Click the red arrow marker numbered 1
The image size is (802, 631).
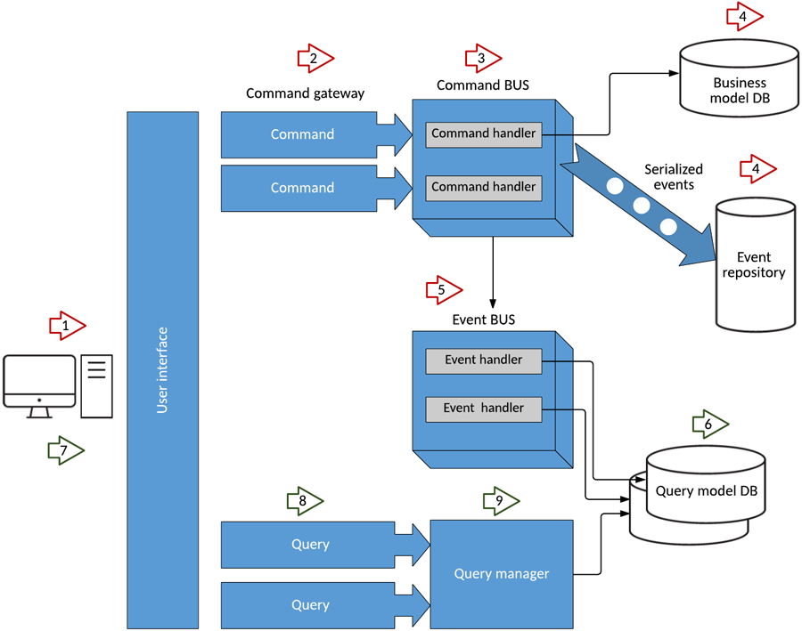pyautogui.click(x=67, y=327)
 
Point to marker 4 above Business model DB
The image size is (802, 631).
pyautogui.click(x=744, y=16)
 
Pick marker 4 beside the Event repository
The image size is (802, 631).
pyautogui.click(x=757, y=168)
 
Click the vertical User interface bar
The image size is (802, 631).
pyautogui.click(x=163, y=369)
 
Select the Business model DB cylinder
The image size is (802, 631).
pyautogui.click(x=739, y=78)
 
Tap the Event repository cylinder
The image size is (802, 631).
pyautogui.click(x=755, y=264)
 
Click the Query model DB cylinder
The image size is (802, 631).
pyautogui.click(x=704, y=494)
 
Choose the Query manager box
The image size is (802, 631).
pyautogui.click(x=502, y=574)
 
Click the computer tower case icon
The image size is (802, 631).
pyautogui.click(x=97, y=385)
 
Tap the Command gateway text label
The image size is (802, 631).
pyautogui.click(x=305, y=93)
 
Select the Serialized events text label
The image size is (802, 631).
pyautogui.click(x=674, y=177)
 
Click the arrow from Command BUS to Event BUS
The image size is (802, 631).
pyautogui.click(x=492, y=271)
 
